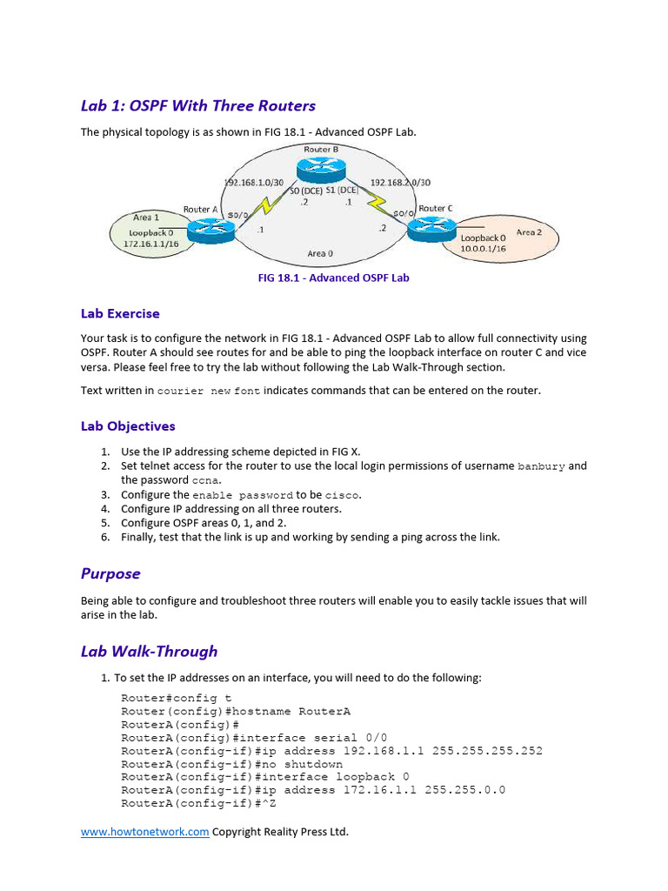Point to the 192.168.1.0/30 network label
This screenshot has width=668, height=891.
(254, 183)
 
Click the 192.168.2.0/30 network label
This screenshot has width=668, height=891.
(400, 183)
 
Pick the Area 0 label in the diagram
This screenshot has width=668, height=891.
(319, 253)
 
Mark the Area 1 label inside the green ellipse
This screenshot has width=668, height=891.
(146, 218)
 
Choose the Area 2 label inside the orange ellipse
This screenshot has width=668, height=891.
(529, 232)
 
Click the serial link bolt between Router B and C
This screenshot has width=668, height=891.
(377, 206)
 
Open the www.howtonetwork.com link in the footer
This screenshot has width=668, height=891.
(144, 832)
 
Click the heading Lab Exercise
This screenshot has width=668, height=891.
(120, 313)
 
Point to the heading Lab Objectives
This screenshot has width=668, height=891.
(128, 426)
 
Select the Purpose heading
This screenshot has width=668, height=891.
(110, 573)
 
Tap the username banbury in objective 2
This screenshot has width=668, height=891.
(541, 466)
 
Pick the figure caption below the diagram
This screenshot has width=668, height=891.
(333, 278)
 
